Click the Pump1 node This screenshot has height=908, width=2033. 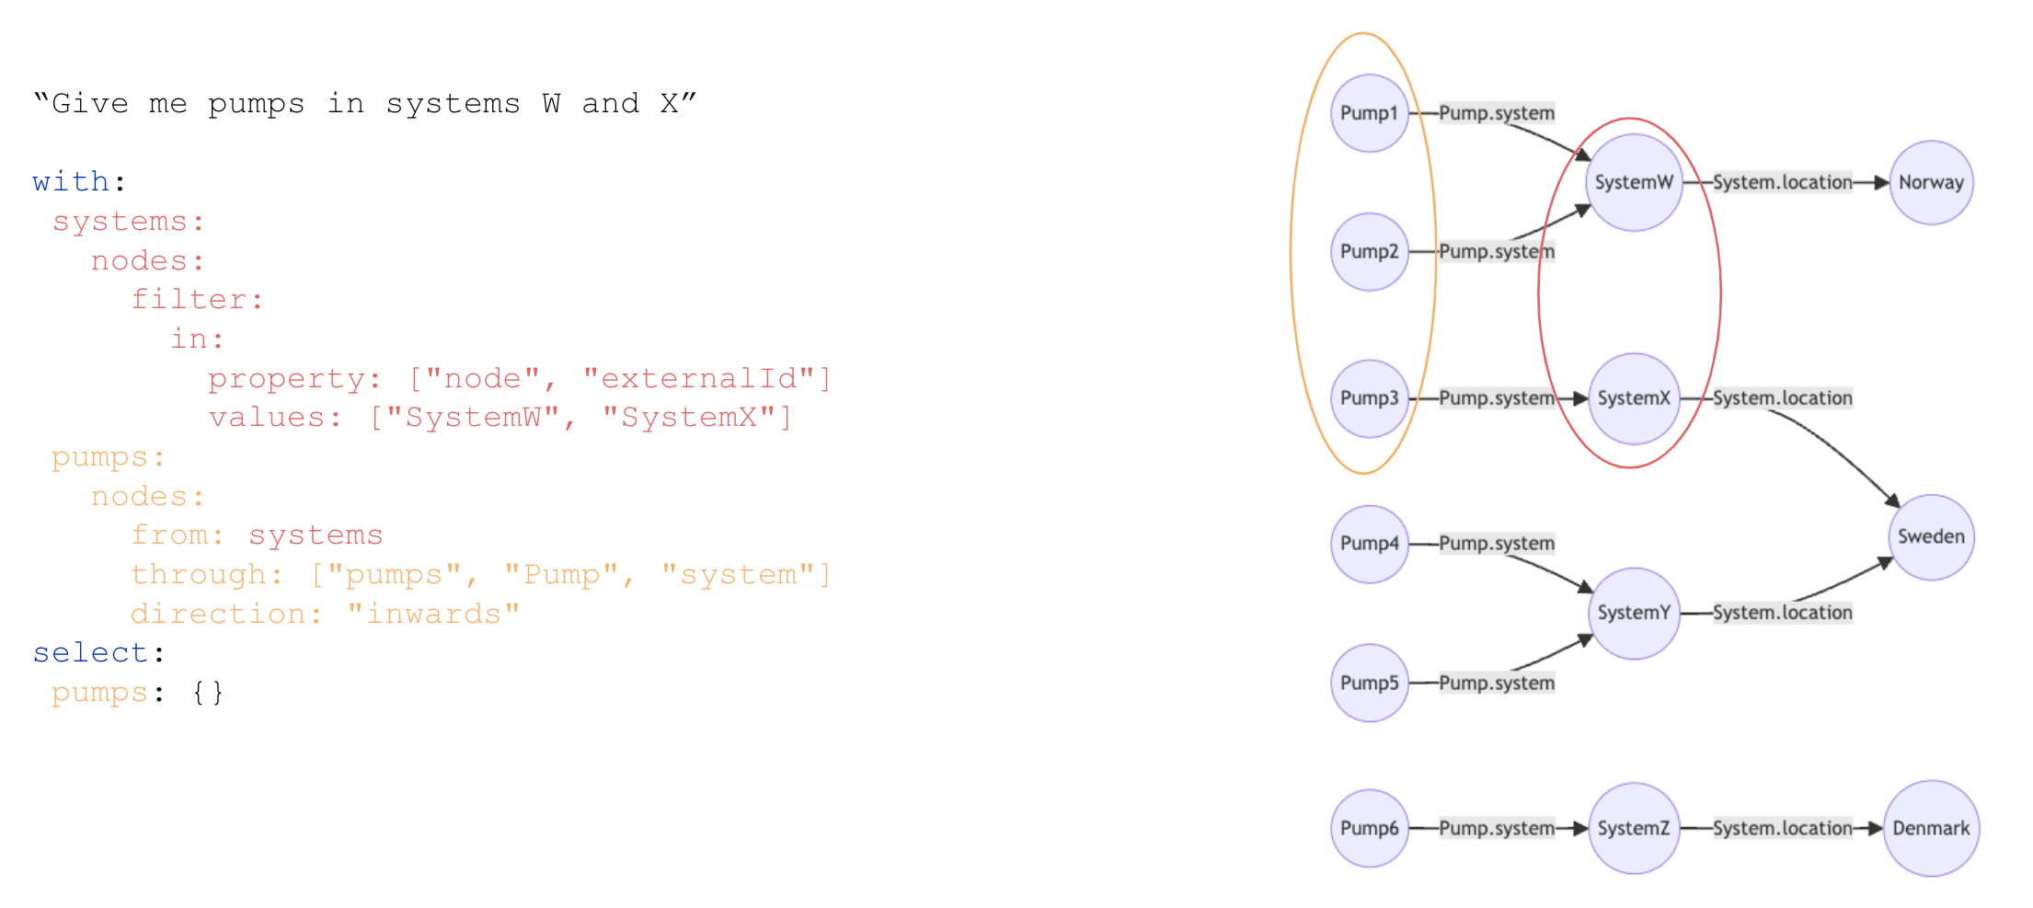tap(1369, 113)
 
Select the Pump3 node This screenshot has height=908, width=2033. tap(1369, 398)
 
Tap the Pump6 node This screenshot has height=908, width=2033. tap(1369, 828)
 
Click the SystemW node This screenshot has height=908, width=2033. tap(1634, 182)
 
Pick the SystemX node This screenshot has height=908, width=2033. tap(1634, 398)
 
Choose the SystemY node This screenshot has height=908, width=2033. tap(1634, 613)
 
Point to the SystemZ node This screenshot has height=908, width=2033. tap(1634, 828)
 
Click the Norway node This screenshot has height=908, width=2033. tap(1931, 182)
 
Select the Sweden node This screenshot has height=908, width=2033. tap(1931, 537)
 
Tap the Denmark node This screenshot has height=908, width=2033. tap(1931, 828)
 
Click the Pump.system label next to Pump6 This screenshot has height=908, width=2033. tap(1497, 828)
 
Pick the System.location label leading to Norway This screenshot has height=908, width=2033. tap(1782, 182)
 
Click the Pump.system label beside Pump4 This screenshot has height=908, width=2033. tap(1497, 543)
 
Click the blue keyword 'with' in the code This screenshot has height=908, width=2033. tap(71, 181)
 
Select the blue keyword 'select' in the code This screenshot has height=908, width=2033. tap(90, 652)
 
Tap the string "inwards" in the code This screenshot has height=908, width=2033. tap(433, 614)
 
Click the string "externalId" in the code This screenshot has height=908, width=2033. tap(698, 378)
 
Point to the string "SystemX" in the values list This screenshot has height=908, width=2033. tap(689, 418)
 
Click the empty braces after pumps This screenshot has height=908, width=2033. tap(207, 692)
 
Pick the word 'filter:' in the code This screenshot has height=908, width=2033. tap(198, 299)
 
